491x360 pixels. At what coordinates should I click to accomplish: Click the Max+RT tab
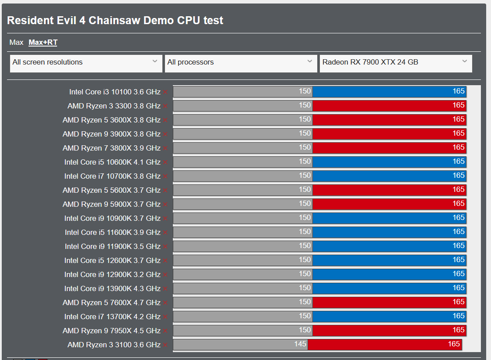[43, 42]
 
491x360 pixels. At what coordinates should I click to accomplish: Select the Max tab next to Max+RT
[16, 42]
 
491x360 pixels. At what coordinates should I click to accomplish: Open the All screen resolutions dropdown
[86, 64]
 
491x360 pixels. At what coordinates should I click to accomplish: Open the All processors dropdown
[241, 64]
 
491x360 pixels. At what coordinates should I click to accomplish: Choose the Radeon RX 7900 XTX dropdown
[396, 64]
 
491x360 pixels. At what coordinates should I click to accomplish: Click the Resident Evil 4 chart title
[115, 20]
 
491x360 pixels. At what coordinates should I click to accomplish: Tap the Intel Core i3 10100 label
[115, 92]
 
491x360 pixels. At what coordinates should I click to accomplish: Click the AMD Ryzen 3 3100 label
[114, 345]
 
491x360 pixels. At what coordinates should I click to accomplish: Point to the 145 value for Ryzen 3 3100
[300, 344]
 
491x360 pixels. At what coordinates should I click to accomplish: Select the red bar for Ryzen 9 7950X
[389, 330]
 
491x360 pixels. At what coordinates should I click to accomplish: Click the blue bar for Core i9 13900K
[389, 288]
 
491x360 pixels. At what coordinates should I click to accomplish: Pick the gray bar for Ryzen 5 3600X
[243, 120]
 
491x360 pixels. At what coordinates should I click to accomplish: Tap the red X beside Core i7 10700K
[165, 176]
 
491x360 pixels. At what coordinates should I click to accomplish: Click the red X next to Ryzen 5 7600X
[165, 303]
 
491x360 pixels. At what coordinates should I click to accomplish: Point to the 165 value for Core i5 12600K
[459, 260]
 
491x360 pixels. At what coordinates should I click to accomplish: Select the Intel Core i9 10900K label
[112, 218]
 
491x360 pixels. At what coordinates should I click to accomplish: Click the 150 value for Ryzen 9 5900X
[305, 204]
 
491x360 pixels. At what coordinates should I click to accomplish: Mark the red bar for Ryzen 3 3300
[389, 106]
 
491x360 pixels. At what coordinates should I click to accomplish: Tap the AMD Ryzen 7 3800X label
[111, 148]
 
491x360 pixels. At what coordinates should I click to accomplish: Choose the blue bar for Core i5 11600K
[389, 232]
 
